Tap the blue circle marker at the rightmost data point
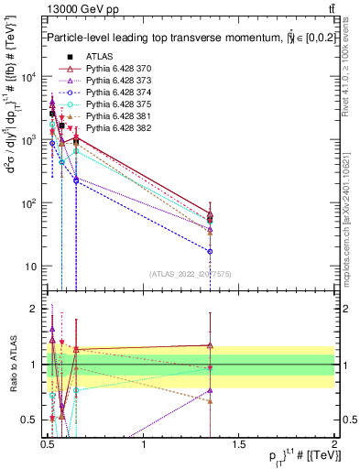211,251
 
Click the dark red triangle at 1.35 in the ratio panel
211,345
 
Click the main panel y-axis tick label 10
31,267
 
